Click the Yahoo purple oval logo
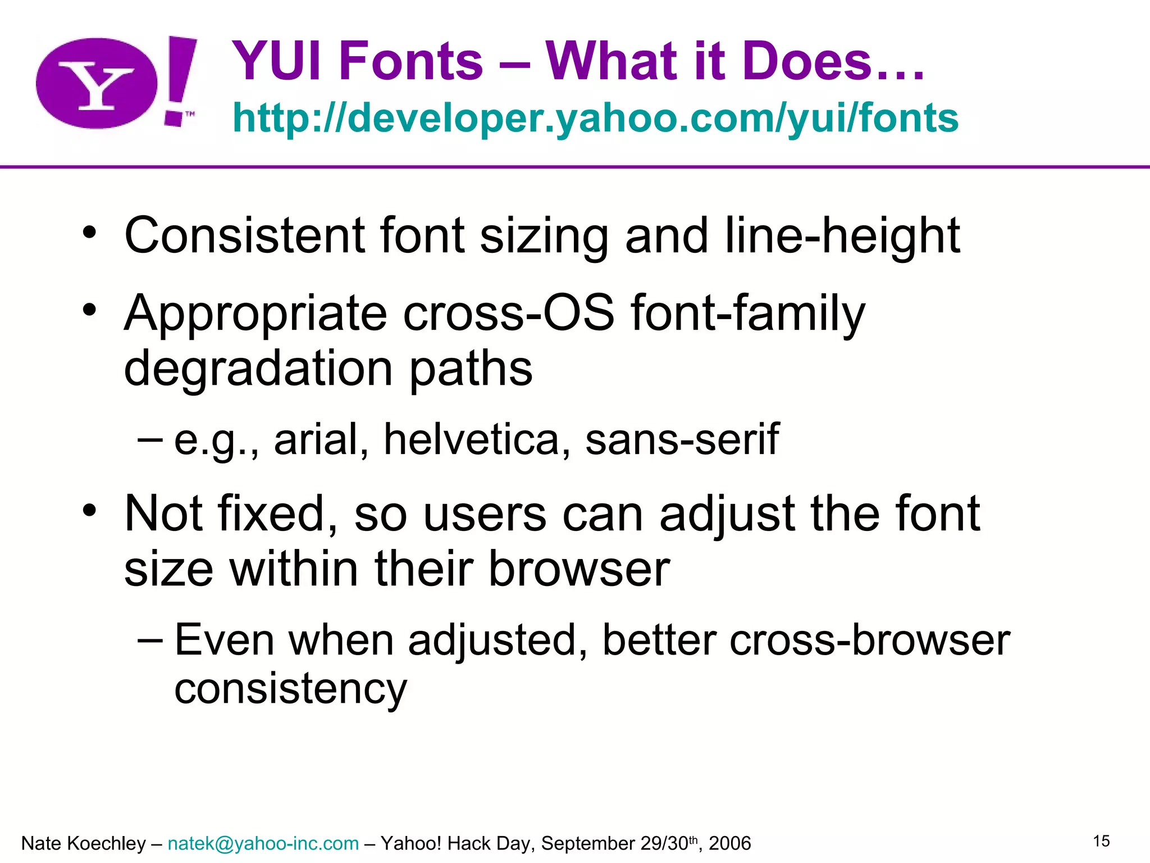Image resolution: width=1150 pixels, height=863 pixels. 97,83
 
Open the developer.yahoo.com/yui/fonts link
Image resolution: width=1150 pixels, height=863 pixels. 595,118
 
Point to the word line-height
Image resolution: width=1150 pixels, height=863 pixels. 842,235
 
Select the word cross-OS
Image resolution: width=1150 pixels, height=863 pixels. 509,313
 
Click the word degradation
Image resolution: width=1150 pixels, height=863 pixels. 258,369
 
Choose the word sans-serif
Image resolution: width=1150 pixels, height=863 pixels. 682,439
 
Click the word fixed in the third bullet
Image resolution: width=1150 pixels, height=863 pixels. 278,514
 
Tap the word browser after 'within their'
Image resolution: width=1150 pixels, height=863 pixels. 579,569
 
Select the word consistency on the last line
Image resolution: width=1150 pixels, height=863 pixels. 290,689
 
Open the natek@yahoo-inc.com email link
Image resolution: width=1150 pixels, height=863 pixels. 263,843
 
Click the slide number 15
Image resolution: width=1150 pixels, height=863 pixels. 1101,841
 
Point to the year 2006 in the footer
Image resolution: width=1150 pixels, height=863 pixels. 729,843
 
